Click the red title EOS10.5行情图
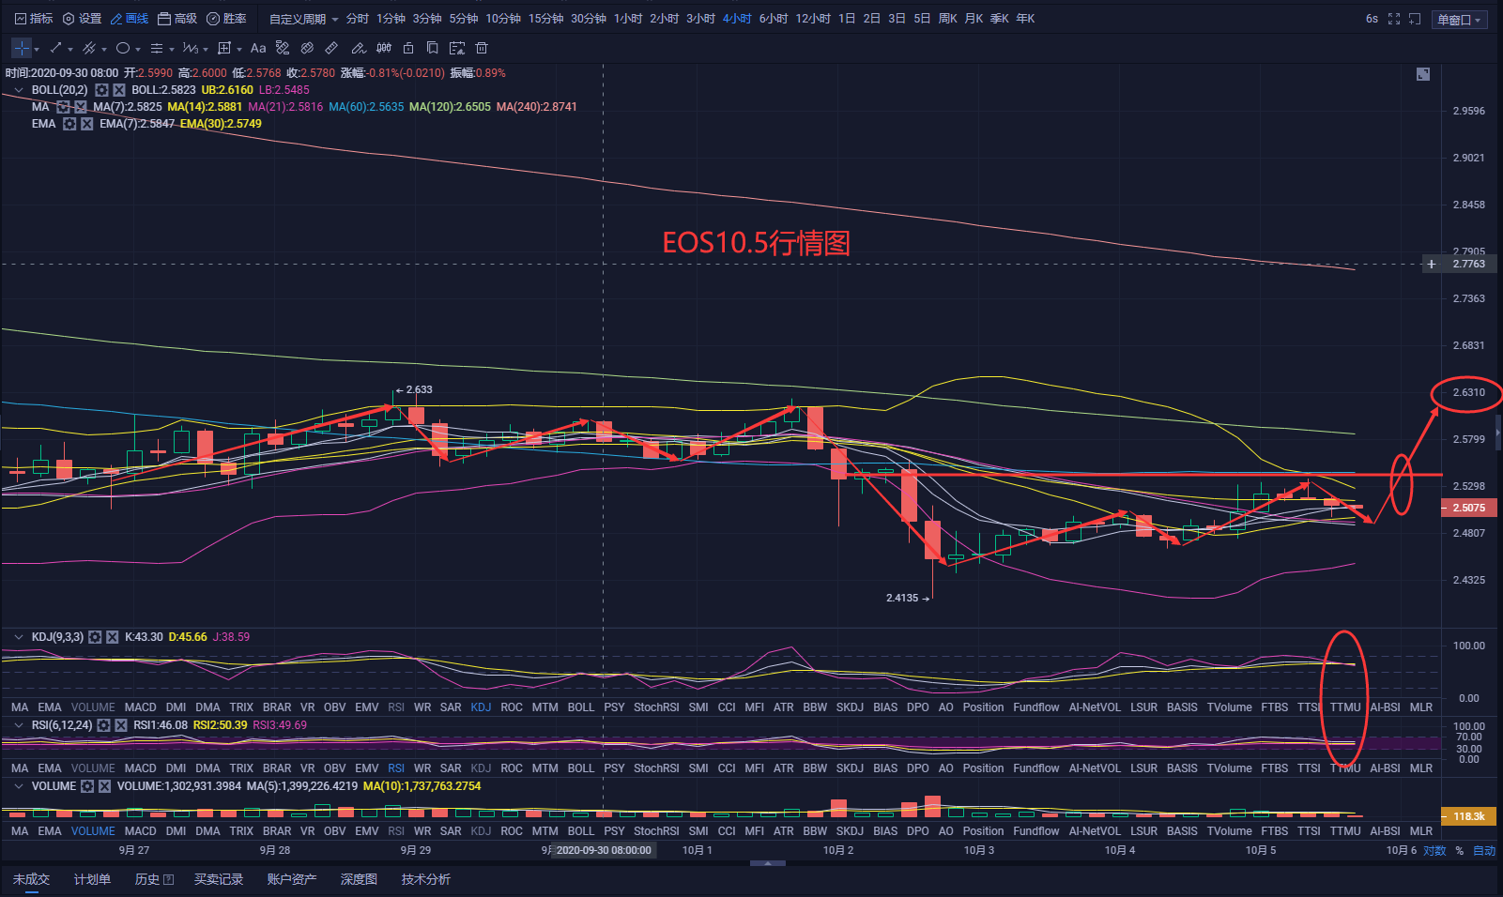point(756,243)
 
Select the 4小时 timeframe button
point(736,19)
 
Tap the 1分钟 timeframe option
point(391,19)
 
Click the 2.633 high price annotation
point(419,389)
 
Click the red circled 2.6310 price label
point(1468,392)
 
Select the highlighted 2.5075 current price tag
point(1468,508)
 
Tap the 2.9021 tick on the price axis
point(1468,158)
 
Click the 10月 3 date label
point(978,850)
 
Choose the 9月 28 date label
point(274,850)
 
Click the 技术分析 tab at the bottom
point(425,879)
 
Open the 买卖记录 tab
point(218,879)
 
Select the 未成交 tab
point(31,879)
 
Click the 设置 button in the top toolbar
point(82,19)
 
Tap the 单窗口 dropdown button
point(1459,20)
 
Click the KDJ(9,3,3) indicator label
point(57,637)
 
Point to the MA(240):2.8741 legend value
point(536,107)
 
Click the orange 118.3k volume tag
point(1468,816)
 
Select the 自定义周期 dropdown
point(303,19)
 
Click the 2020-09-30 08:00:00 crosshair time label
point(603,850)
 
